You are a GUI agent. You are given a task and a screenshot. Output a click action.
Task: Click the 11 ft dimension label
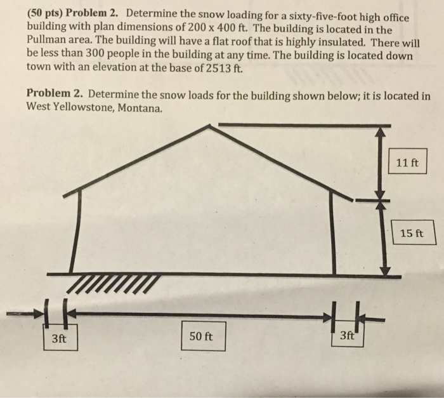(407, 161)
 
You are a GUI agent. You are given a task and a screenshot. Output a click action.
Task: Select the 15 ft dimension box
(415, 232)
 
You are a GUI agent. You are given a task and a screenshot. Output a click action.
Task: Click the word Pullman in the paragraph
(49, 43)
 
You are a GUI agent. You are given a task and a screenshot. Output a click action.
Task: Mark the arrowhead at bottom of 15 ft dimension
(382, 270)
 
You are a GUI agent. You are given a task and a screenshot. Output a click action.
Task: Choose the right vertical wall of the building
(332, 232)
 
